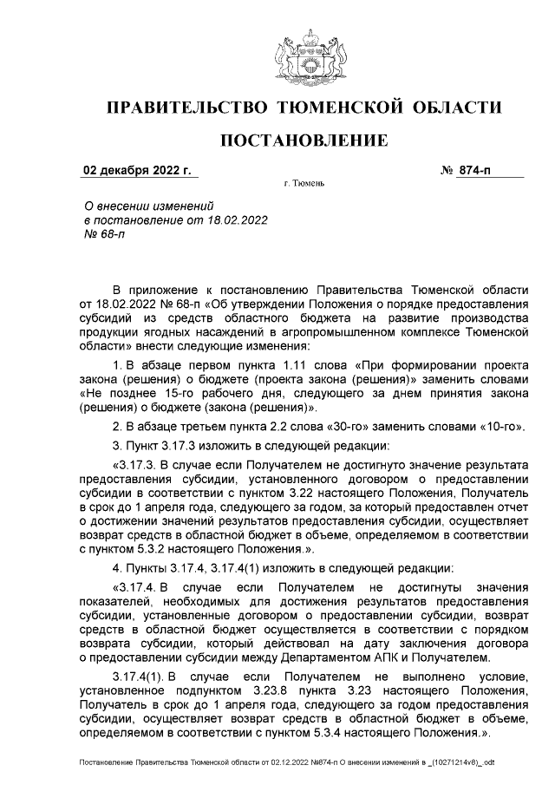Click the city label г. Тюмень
click(x=304, y=185)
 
